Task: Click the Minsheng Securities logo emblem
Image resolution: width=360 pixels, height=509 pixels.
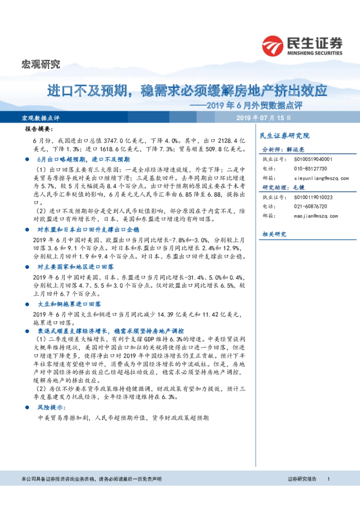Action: point(274,45)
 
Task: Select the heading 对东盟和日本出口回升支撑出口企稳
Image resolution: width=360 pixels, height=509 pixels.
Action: point(88,230)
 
